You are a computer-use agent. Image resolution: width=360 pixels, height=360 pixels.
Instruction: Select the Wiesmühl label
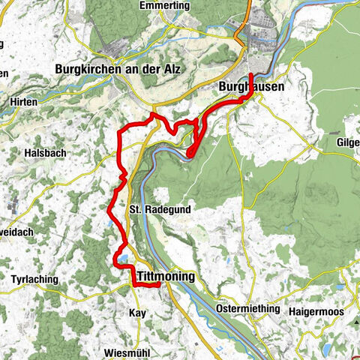point(129,352)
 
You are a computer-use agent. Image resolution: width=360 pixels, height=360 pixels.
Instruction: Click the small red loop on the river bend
point(191,153)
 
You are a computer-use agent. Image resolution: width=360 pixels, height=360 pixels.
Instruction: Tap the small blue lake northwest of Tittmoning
point(120,260)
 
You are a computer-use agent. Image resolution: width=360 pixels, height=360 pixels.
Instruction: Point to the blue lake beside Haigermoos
point(328,328)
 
